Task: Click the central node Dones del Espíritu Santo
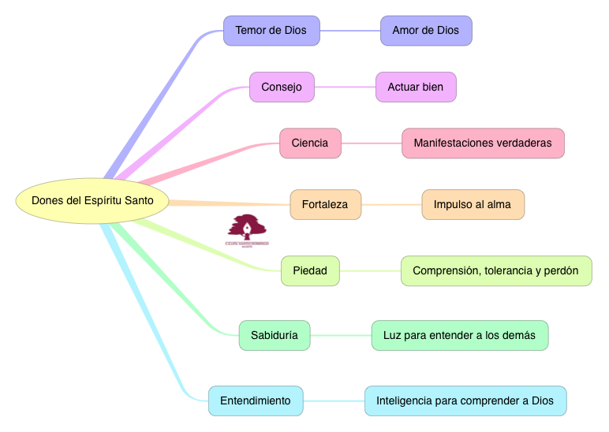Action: [x=93, y=201]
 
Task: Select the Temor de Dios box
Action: [x=271, y=31]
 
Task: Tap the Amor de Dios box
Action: [x=425, y=31]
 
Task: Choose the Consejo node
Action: [x=282, y=88]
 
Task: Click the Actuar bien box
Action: [x=416, y=88]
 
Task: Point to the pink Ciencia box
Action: [x=310, y=143]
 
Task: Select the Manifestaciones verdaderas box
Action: [x=483, y=143]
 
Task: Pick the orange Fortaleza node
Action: [x=325, y=205]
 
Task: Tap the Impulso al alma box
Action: [x=473, y=205]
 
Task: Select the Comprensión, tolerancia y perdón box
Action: [x=496, y=271]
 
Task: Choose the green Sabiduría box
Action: [x=275, y=335]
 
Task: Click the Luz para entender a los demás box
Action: [x=460, y=335]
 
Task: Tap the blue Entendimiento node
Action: [x=256, y=400]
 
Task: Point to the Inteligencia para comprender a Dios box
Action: [x=465, y=400]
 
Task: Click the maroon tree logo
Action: [x=247, y=229]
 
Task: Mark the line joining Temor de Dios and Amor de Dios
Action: [x=349, y=31]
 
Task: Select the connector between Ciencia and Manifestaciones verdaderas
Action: [x=371, y=143]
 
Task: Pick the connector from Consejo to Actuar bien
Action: [x=345, y=88]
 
